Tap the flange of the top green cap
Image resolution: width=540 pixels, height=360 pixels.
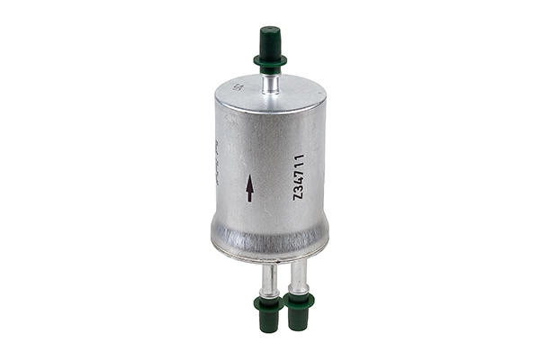(x=269, y=62)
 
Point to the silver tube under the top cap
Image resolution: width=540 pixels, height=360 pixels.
(x=269, y=83)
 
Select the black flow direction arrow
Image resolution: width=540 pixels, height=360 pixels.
(x=250, y=187)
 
